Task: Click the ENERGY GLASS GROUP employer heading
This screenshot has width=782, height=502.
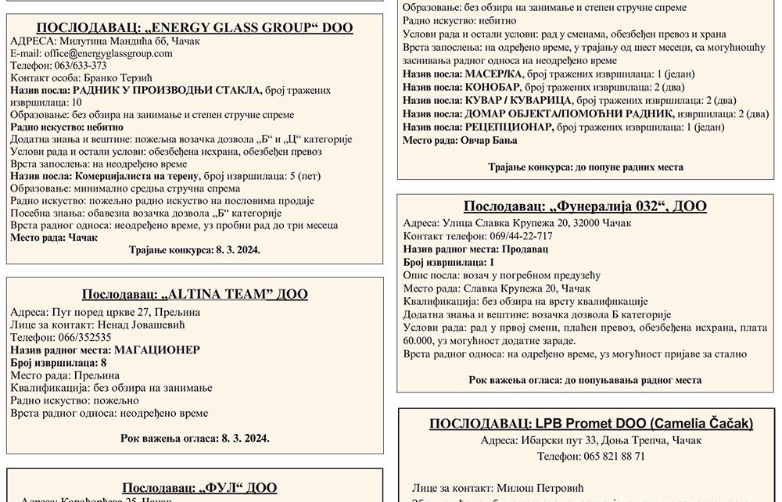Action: [x=195, y=28]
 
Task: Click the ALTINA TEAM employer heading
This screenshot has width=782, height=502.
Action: [x=195, y=295]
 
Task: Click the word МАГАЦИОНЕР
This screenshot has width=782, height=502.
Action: [x=156, y=350]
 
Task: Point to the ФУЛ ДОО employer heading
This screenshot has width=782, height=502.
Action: [x=199, y=488]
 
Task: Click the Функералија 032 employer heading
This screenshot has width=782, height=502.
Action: [x=585, y=206]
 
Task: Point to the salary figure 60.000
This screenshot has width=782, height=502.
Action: [x=419, y=341]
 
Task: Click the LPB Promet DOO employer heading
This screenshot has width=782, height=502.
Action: [x=590, y=424]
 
